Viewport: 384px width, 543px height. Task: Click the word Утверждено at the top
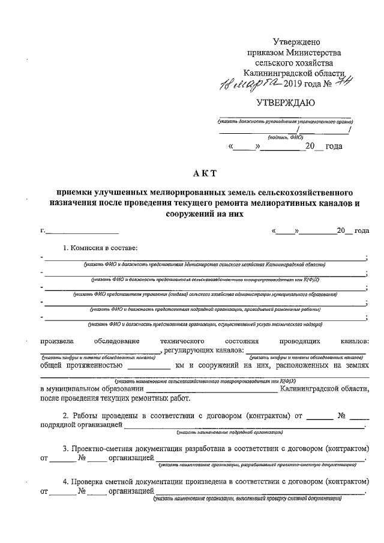pyautogui.click(x=297, y=42)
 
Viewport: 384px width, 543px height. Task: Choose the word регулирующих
pyautogui.click(x=190, y=350)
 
